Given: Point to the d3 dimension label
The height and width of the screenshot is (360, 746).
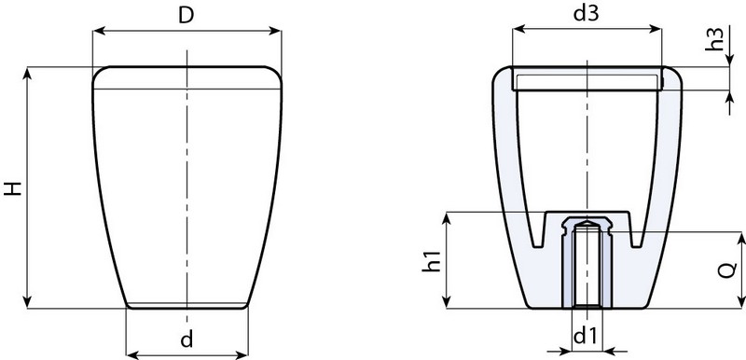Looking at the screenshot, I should [x=586, y=14].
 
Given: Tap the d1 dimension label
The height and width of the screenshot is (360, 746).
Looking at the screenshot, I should [x=586, y=334].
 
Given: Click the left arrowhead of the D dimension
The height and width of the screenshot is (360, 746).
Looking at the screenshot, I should [x=98, y=31].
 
